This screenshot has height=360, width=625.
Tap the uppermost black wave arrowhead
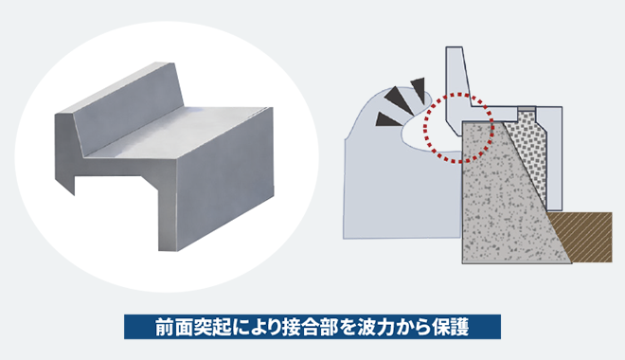[x=419, y=88]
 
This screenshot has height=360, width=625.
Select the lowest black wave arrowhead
[x=387, y=119]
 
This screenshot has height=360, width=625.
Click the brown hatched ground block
[x=586, y=237]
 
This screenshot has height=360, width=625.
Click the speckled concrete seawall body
[x=507, y=199]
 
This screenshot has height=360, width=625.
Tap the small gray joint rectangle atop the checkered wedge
[x=527, y=109]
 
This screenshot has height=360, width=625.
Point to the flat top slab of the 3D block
[x=175, y=132]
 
